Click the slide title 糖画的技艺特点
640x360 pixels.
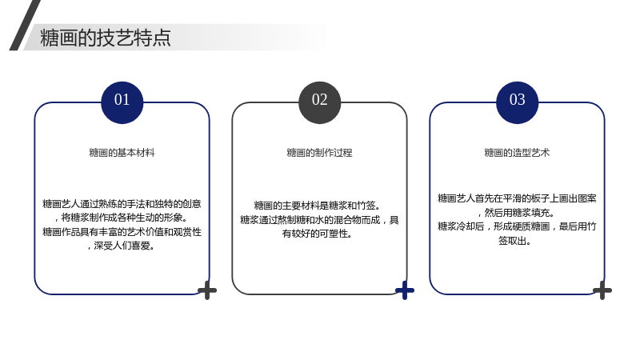click(x=106, y=38)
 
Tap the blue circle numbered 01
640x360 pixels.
click(x=122, y=102)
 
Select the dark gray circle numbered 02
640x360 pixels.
click(x=319, y=102)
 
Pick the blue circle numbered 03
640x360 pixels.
click(x=517, y=102)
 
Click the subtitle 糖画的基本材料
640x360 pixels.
click(x=122, y=153)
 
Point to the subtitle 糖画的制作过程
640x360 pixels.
click(x=319, y=153)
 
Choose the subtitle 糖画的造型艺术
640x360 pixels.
click(x=517, y=153)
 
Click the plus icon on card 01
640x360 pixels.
click(x=207, y=290)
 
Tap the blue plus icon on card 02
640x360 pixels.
click(x=405, y=290)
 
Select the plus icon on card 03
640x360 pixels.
click(x=602, y=290)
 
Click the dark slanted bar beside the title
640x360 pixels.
click(x=25, y=25)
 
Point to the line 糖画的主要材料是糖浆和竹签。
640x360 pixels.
click(x=318, y=206)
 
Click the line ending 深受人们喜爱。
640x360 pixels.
click(x=121, y=246)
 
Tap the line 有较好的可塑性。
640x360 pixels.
click(x=317, y=234)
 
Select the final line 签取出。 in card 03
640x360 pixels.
click(x=514, y=241)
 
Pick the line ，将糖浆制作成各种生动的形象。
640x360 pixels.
click(x=121, y=218)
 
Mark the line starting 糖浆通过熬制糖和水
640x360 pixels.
click(x=319, y=219)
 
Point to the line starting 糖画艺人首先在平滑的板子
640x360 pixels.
click(x=517, y=198)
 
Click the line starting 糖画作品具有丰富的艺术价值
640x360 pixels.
click(x=122, y=232)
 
